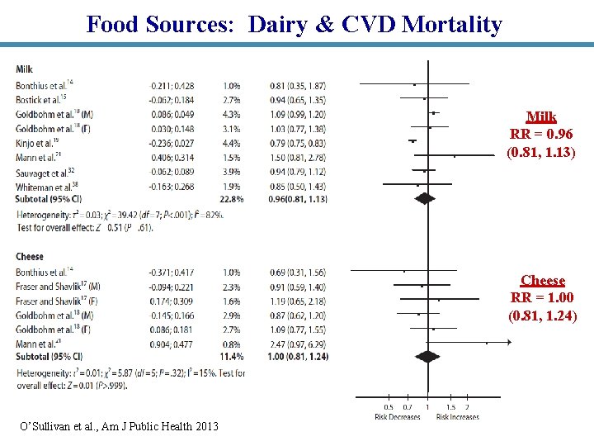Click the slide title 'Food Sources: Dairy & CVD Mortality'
(294, 24)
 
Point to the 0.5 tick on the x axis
(389, 407)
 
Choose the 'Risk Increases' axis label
(458, 417)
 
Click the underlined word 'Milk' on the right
(541, 117)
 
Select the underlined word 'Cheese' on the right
(543, 281)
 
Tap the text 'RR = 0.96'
(541, 135)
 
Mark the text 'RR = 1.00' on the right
(543, 298)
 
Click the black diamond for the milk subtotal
(424, 198)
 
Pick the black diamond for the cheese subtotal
(427, 355)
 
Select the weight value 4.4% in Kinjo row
(231, 141)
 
